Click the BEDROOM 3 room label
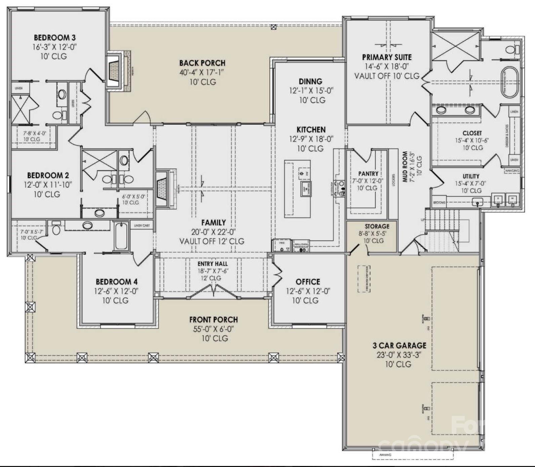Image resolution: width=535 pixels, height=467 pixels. (54, 38)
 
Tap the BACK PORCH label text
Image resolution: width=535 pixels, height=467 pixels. (202, 63)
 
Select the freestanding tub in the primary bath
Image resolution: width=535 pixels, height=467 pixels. (509, 82)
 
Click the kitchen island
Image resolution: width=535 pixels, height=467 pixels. (297, 189)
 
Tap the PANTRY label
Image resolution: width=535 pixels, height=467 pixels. (368, 173)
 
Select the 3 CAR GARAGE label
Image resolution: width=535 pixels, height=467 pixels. (399, 346)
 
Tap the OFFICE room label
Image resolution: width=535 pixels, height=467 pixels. (307, 282)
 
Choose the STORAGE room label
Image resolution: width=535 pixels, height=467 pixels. (377, 226)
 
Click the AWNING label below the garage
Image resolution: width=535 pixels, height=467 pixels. (385, 455)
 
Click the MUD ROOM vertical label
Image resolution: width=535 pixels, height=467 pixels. (405, 166)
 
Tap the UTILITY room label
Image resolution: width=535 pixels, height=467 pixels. (470, 176)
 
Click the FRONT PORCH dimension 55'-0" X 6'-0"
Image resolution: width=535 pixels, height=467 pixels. (213, 329)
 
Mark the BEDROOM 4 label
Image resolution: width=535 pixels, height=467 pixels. (116, 282)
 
